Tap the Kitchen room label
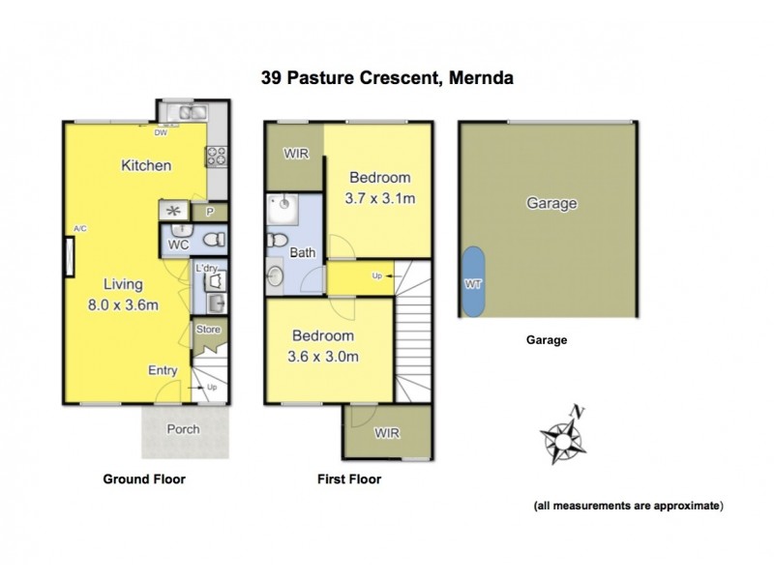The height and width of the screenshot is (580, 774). tap(146, 165)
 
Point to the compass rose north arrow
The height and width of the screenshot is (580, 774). tap(563, 438)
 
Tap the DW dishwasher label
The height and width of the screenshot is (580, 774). tap(161, 134)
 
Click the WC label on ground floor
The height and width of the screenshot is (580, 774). tap(177, 246)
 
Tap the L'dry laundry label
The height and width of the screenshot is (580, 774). tap(206, 268)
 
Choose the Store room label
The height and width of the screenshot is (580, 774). tap(208, 330)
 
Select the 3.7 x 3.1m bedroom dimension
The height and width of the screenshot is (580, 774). tap(380, 200)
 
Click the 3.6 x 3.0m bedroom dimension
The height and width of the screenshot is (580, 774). tap(325, 356)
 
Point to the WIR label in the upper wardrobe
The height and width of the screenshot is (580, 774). tap(295, 155)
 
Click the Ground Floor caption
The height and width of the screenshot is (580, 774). tap(144, 478)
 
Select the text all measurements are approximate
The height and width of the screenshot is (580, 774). tap(628, 506)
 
